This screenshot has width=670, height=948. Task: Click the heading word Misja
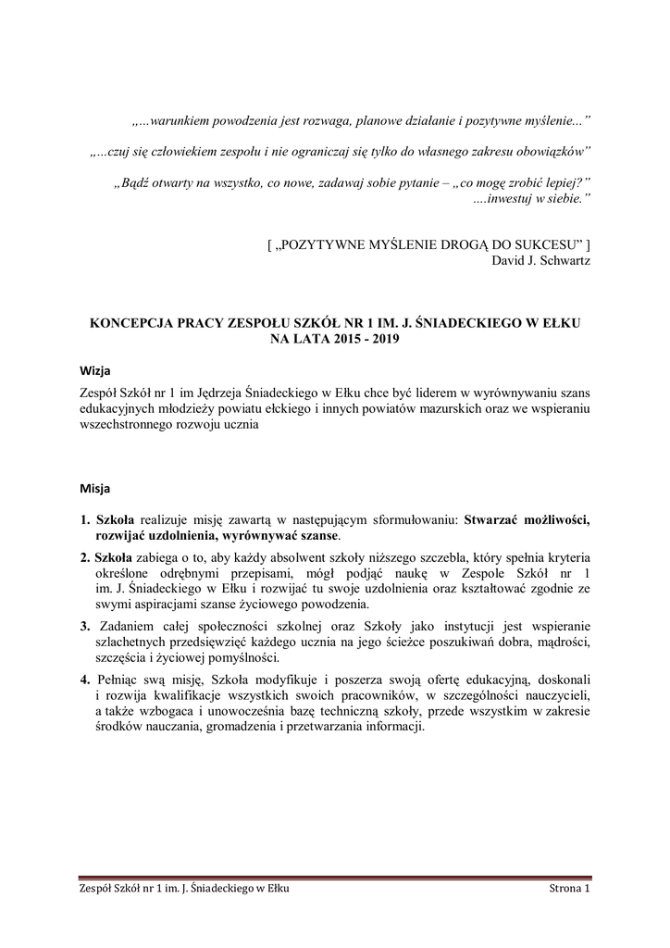click(94, 486)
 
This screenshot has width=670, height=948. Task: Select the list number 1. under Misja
click(84, 519)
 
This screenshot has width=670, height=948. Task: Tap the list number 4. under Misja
click(84, 679)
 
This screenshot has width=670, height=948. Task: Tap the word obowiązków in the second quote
click(552, 150)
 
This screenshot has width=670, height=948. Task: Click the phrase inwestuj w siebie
click(536, 198)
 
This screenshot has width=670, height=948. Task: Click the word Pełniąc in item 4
click(118, 679)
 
